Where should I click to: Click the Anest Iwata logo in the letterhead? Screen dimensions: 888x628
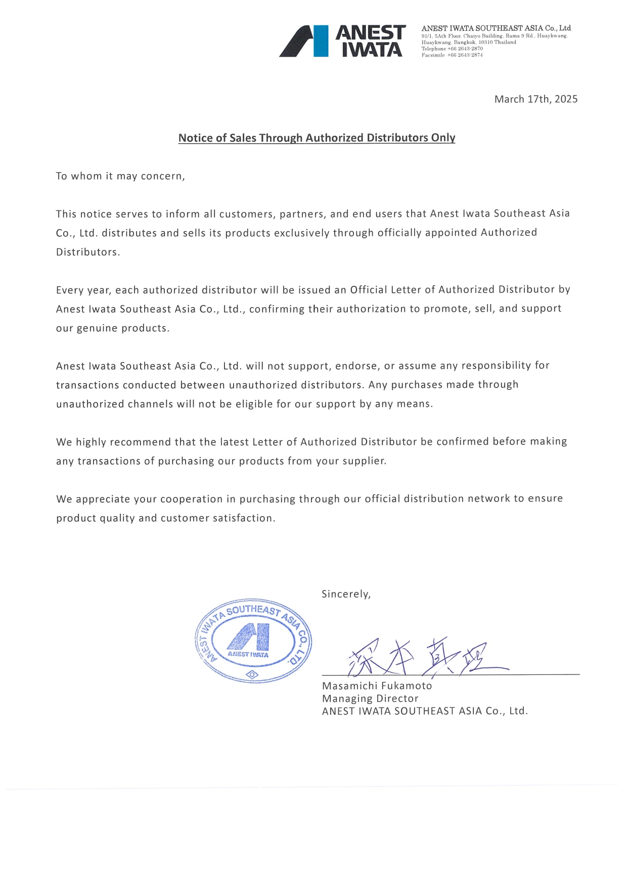342,41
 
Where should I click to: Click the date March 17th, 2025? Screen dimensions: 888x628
535,99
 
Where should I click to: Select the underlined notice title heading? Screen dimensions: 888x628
317,138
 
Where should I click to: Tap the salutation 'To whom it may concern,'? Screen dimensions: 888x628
120,176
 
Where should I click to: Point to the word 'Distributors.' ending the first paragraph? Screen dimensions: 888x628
88,252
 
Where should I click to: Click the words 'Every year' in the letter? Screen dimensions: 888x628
83,290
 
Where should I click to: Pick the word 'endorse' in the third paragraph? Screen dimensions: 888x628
356,366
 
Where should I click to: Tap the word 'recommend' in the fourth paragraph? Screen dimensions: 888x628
140,442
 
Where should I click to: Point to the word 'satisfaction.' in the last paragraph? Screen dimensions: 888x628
244,518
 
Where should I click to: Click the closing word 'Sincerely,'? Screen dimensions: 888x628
346,594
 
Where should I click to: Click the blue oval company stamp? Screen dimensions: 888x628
253,641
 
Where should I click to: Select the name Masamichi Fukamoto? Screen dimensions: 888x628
377,686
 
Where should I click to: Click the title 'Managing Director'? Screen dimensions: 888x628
370,699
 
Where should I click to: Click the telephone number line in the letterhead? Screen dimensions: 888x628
452,49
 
